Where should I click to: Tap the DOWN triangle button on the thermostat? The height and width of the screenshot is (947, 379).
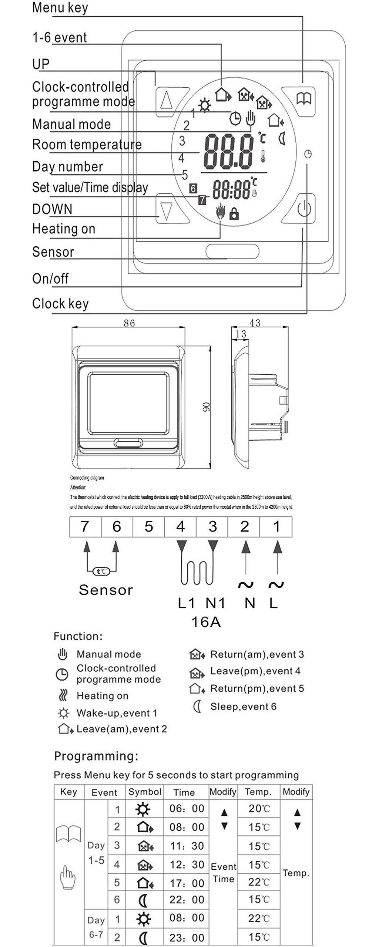coord(166,210)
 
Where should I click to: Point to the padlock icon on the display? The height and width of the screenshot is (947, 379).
coord(234,213)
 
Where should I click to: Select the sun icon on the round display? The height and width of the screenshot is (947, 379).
coord(204,106)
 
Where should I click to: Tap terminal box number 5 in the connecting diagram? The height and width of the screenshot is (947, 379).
coord(148,526)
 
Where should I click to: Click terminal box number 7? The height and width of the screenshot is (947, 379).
coord(85,526)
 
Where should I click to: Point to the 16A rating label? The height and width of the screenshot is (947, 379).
coord(206,622)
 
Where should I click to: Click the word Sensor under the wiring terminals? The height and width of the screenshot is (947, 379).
coord(106,590)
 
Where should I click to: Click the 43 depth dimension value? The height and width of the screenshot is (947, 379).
coord(255,323)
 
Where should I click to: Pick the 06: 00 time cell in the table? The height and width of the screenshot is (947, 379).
coord(187,808)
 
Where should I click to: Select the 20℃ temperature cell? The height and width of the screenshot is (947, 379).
coord(259,809)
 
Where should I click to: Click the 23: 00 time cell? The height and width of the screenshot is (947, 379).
coord(187,937)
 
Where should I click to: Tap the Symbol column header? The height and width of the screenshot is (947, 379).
coord(145,792)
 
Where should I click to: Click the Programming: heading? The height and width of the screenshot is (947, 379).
coord(96,756)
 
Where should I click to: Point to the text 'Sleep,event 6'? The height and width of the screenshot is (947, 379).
coord(243,707)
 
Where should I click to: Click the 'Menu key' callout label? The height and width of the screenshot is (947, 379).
coord(60,8)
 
